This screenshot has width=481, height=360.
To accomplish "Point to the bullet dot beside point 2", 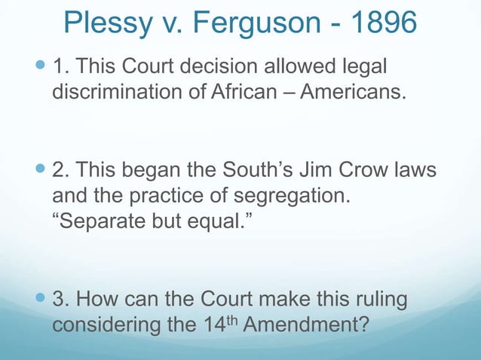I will click(42, 171).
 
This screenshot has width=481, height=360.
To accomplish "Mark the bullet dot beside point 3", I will click(42, 301).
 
